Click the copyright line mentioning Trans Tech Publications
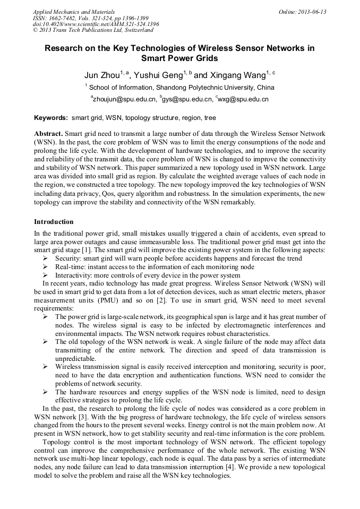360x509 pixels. tap(93, 31)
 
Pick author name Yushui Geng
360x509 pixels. tap(157, 75)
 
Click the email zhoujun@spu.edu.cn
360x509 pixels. tap(125, 99)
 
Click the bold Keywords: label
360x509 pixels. tap(52, 118)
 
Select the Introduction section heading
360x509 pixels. tap(54, 221)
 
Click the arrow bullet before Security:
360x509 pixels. tap(45, 258)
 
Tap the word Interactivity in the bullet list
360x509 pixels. tap(74, 275)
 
